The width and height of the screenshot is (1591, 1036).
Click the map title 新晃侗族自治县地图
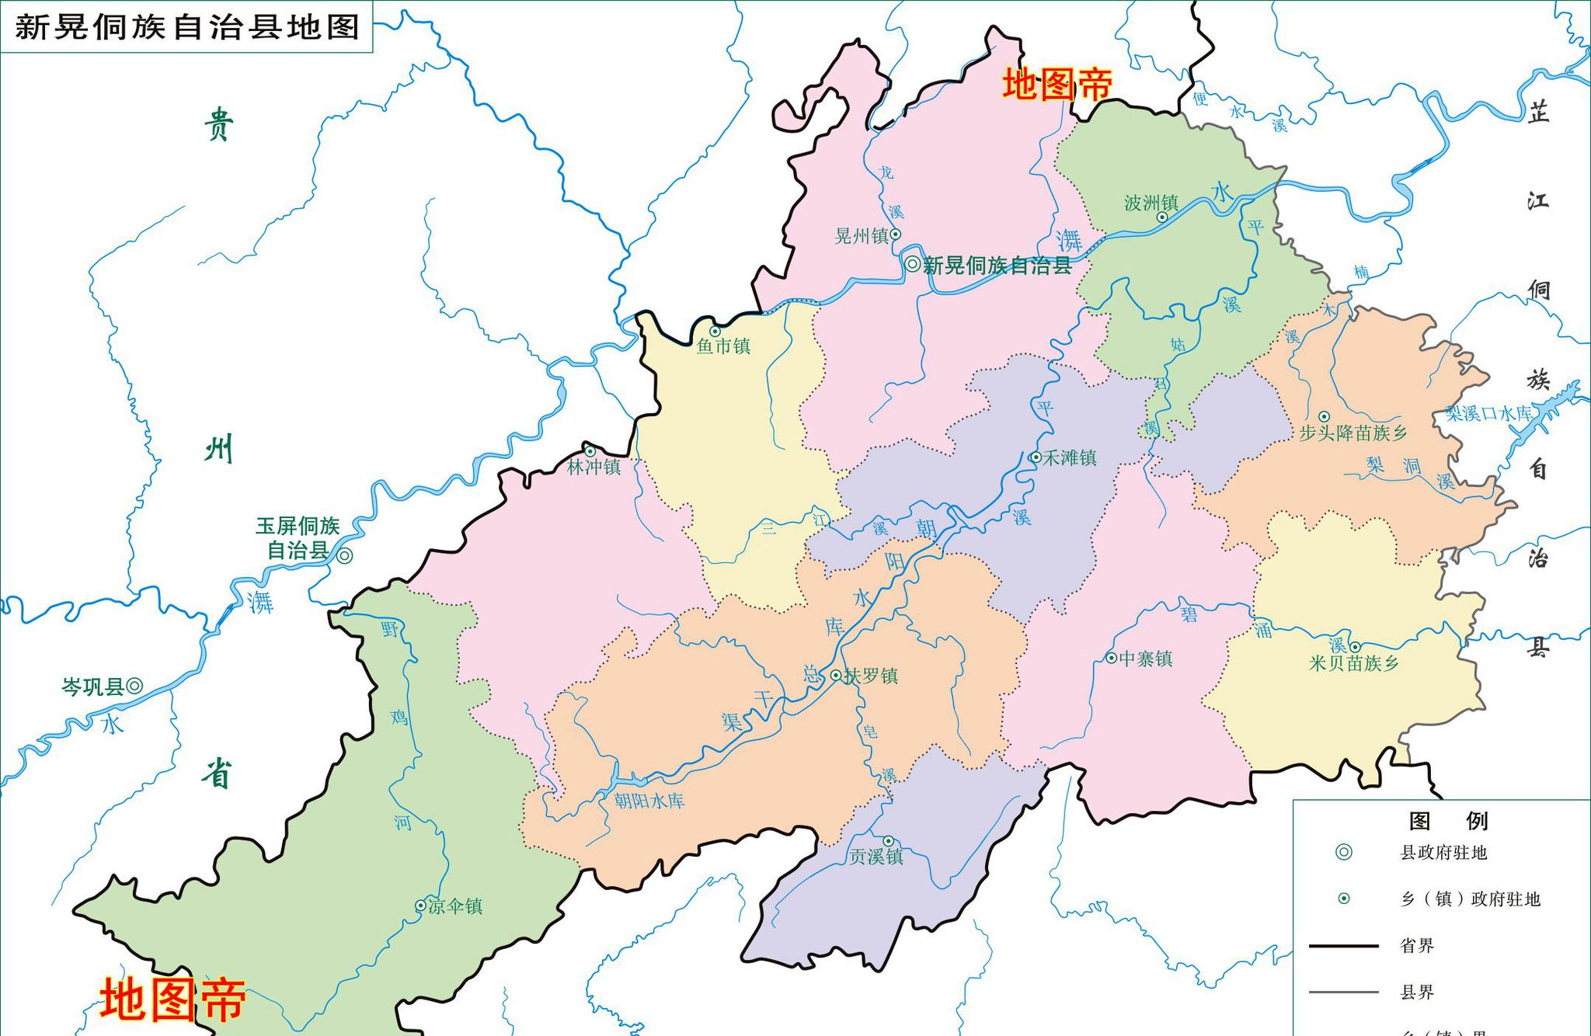(187, 27)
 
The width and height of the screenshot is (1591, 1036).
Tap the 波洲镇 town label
(1151, 203)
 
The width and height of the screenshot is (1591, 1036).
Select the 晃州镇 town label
(861, 236)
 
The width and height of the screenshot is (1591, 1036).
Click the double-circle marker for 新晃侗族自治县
(913, 264)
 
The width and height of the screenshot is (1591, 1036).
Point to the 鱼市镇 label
(723, 346)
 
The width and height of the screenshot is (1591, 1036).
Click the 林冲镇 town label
(594, 467)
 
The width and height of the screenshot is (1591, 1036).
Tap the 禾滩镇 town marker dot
(1036, 457)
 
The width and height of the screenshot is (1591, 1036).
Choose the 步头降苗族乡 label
(1353, 433)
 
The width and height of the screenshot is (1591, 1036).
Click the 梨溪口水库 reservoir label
(1488, 413)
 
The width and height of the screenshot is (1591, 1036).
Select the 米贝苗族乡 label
(1353, 663)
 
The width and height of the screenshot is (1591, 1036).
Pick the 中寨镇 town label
(1145, 659)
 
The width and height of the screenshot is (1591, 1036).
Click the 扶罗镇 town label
(871, 676)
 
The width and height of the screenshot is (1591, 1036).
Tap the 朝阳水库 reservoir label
(649, 801)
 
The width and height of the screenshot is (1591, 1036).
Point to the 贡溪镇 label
(876, 857)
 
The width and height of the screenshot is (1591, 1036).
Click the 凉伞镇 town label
(455, 906)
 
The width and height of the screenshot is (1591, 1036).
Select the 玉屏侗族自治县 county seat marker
(345, 555)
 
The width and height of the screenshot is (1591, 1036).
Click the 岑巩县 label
(92, 687)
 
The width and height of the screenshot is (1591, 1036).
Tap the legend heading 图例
(1448, 821)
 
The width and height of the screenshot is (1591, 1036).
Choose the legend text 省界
(1417, 946)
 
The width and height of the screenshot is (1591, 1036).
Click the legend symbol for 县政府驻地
(1343, 853)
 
